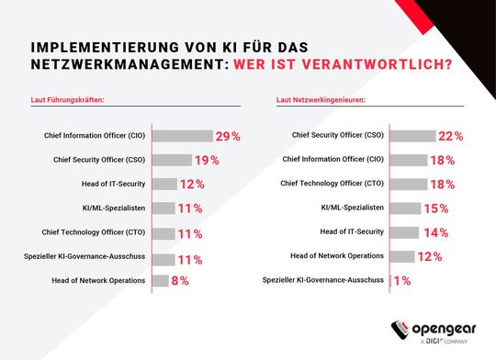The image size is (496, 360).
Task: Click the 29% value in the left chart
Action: click(x=228, y=136)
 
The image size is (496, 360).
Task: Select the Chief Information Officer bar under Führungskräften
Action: click(x=181, y=136)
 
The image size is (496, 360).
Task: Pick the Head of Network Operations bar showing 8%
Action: click(x=159, y=280)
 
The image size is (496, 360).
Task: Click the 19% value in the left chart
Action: click(x=207, y=160)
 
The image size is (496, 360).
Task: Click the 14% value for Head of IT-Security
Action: click(x=435, y=232)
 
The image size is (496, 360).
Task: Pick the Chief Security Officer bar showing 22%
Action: click(x=419, y=136)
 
